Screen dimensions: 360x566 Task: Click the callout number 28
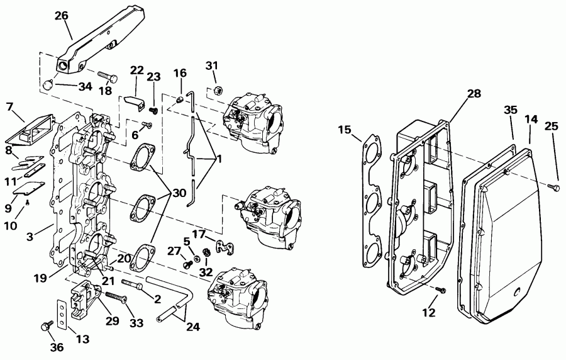pos(474,94)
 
